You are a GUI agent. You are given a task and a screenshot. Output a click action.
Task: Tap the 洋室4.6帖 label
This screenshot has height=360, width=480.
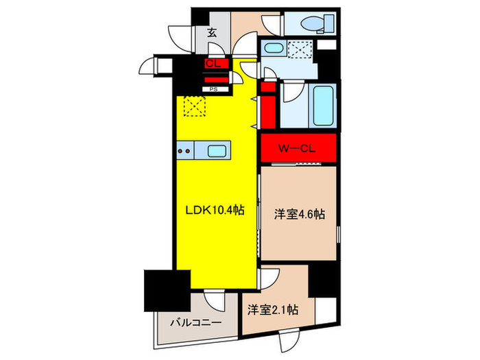(299, 213)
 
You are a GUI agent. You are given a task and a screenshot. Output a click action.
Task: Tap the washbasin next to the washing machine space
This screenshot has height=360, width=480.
(276, 50)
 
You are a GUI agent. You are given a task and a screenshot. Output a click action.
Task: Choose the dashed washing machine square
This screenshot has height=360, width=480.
(300, 50)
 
